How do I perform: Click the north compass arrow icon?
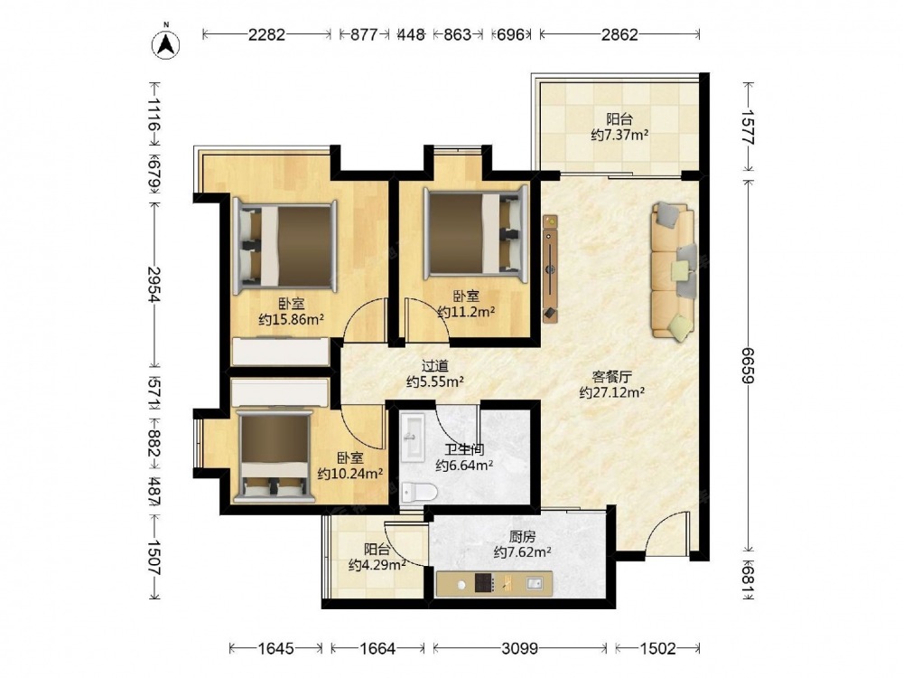(166, 43)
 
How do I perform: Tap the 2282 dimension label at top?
(266, 34)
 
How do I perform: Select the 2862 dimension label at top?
(619, 34)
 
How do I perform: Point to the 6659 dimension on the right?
(748, 365)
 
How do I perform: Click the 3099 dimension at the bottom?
(519, 648)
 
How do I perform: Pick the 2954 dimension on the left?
(154, 284)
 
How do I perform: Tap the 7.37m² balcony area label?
(619, 135)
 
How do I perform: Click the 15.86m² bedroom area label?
(292, 319)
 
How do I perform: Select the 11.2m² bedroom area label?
(467, 312)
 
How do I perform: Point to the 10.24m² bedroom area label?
(350, 474)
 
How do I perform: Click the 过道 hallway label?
(435, 365)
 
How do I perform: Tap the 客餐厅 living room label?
(611, 377)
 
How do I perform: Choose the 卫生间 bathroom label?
(464, 449)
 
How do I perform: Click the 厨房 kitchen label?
(522, 537)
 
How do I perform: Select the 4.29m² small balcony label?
(377, 564)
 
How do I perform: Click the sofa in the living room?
(673, 270)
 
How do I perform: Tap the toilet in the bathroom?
(419, 492)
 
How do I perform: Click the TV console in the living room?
(551, 267)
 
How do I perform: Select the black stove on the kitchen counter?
(484, 583)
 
